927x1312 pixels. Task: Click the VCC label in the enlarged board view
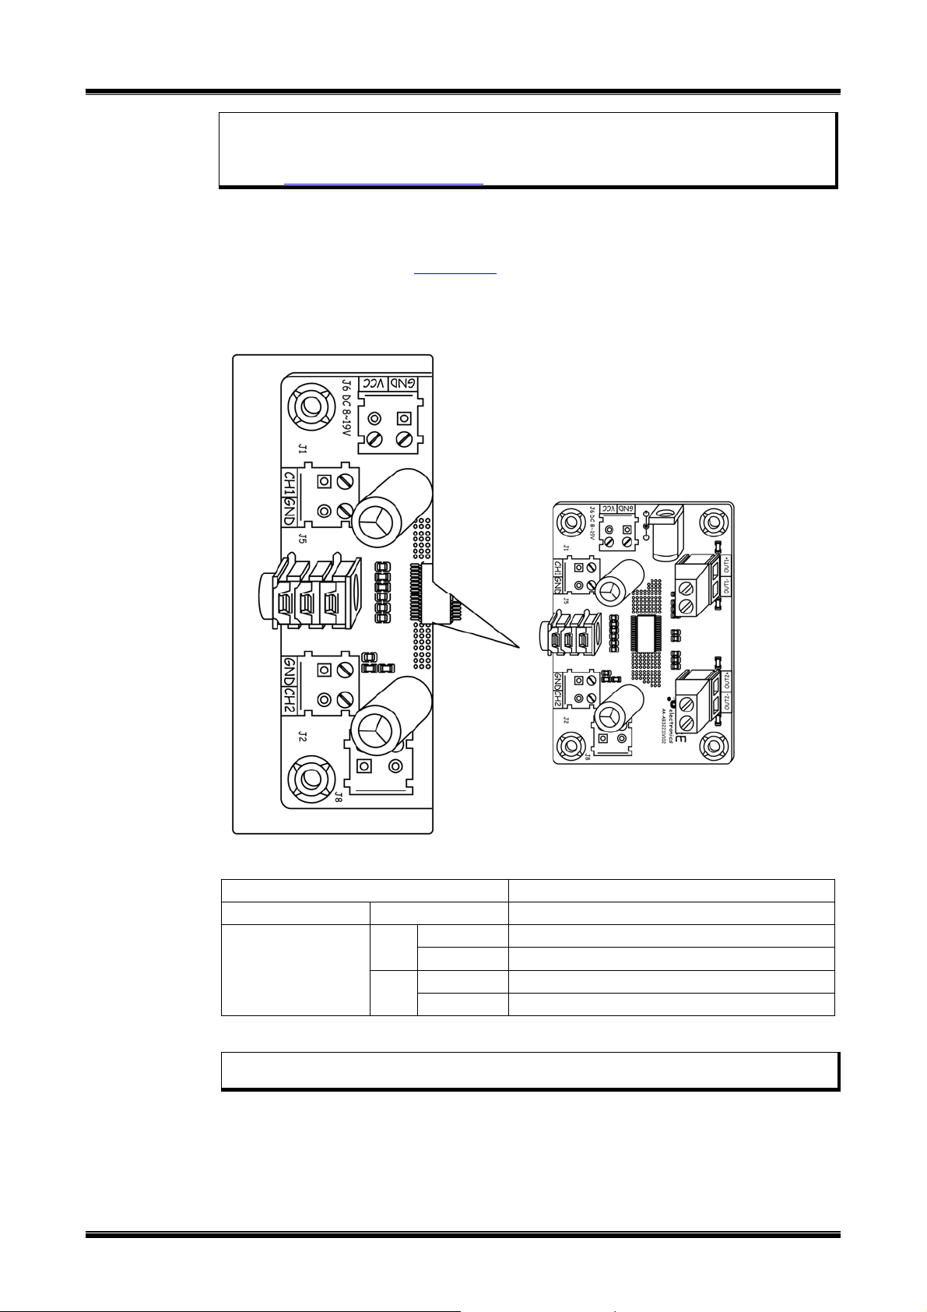point(377,384)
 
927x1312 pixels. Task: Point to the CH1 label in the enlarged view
point(288,482)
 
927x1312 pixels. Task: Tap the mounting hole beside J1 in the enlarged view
point(310,406)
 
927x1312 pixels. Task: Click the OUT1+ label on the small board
point(726,564)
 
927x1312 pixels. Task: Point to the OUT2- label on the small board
point(726,702)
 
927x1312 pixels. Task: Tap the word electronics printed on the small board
point(673,716)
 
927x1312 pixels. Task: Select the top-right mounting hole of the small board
point(713,521)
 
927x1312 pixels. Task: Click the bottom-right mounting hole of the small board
point(713,745)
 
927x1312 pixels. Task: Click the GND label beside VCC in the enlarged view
point(404,384)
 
